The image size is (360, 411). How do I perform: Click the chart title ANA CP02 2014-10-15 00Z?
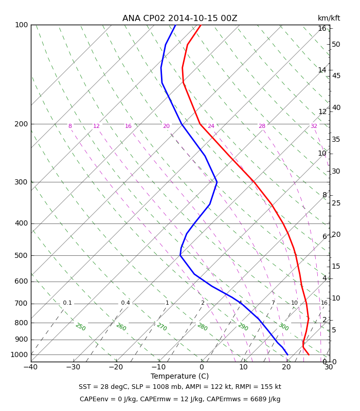point(179,18)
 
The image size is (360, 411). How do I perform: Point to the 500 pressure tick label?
point(21,255)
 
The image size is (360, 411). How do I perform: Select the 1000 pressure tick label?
point(19,354)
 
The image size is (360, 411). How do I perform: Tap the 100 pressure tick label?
point(21,25)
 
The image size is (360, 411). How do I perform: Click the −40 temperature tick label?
point(31,367)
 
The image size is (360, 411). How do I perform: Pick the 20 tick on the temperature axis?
point(286,367)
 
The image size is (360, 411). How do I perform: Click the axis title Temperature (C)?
point(179,376)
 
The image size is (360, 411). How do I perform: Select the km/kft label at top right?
point(329,18)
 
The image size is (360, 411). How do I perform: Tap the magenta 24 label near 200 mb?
point(211,126)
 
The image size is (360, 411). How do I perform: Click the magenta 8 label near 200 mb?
point(70,126)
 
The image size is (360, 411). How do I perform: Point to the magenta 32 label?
point(314,126)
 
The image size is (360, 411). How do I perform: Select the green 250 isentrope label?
point(81,327)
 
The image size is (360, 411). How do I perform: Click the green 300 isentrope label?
point(284,327)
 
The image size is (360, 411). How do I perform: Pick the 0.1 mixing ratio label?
point(67,303)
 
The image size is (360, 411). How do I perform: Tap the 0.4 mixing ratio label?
point(125,303)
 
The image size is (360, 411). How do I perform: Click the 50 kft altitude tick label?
point(336,44)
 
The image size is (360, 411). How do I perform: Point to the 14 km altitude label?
point(322,70)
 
